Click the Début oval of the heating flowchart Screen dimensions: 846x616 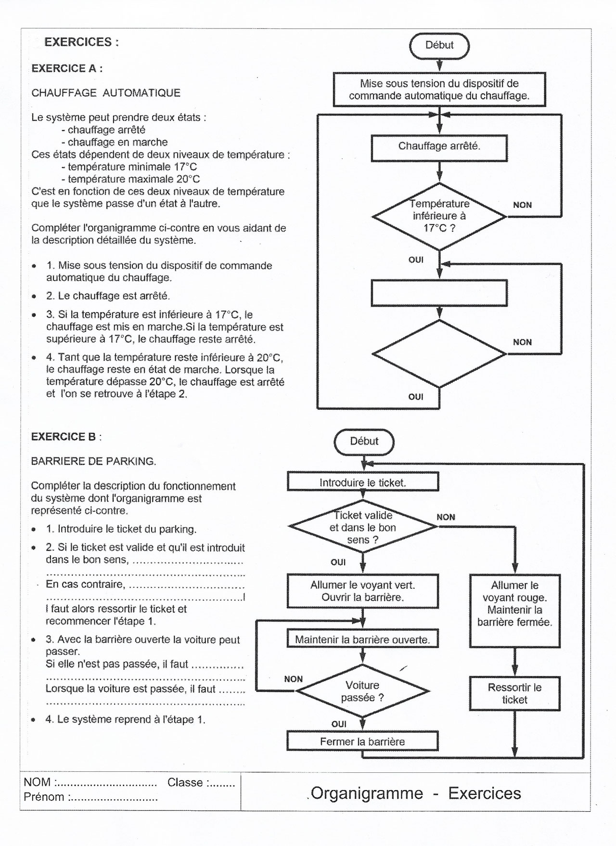(439, 45)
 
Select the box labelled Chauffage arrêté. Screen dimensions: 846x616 (439, 147)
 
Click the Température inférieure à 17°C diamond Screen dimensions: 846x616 (439, 216)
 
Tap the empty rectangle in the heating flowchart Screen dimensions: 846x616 (439, 293)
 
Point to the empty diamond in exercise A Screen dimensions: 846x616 (439, 354)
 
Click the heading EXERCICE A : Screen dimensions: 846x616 (67, 68)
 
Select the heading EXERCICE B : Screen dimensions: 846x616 (66, 437)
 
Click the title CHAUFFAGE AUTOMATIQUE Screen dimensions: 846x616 (106, 93)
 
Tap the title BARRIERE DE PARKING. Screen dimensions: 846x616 (93, 461)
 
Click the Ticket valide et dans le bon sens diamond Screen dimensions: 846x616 (363, 527)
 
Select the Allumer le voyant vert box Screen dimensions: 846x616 (363, 591)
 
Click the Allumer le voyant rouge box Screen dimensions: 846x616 (514, 610)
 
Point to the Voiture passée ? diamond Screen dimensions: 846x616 (363, 691)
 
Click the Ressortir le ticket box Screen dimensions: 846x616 (514, 694)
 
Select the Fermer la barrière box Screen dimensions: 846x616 (363, 742)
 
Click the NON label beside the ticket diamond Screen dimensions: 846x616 (446, 517)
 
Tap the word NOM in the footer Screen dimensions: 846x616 (37, 783)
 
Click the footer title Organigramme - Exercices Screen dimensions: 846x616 (416, 794)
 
